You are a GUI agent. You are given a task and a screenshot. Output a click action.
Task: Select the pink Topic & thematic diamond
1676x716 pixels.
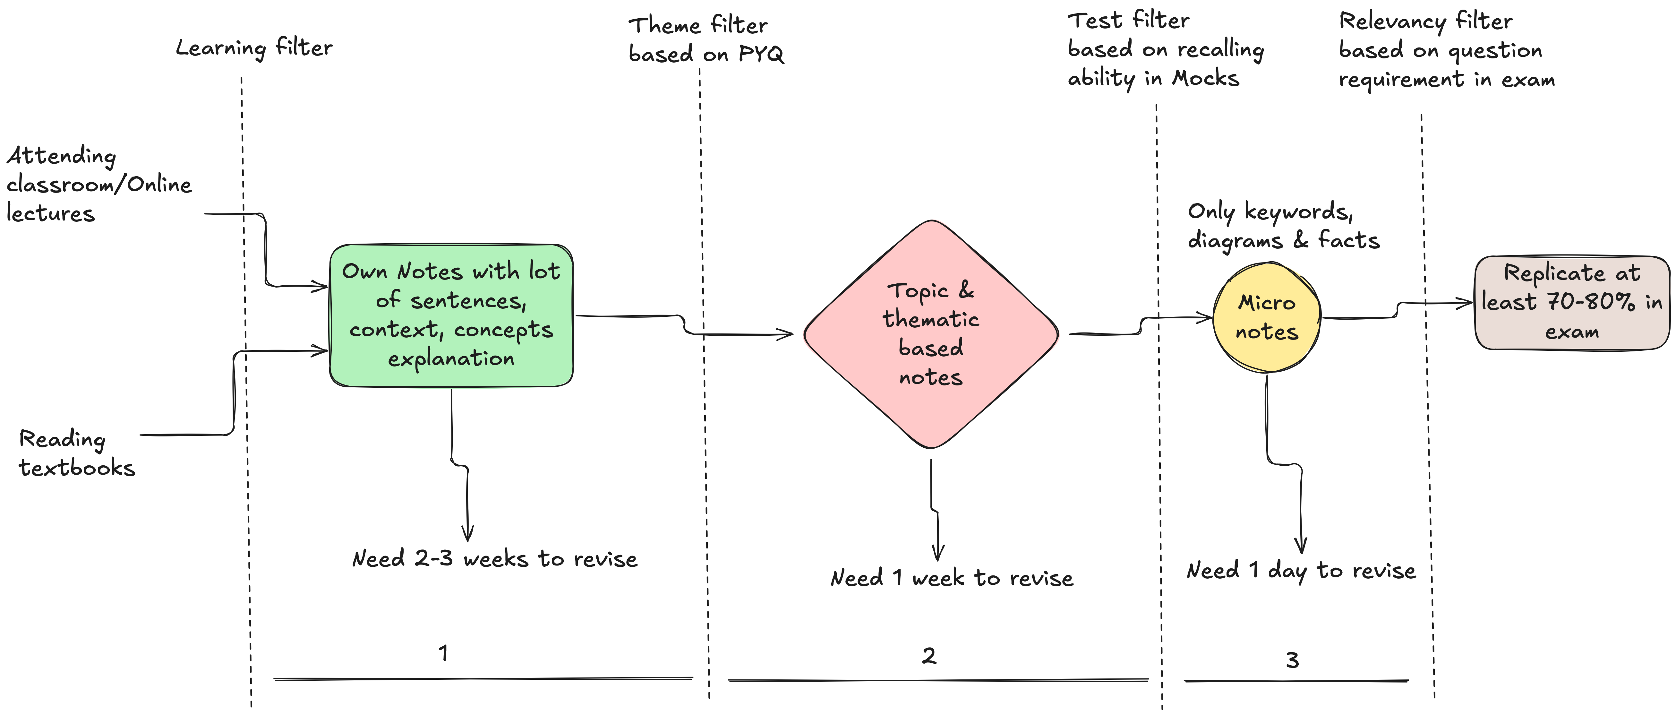tap(931, 334)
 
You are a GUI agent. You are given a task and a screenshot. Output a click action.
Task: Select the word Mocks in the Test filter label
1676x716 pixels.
tap(1206, 78)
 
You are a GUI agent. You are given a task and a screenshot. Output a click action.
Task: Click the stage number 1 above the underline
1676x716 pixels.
tap(443, 653)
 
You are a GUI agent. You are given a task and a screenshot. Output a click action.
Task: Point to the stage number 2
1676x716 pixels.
tap(929, 655)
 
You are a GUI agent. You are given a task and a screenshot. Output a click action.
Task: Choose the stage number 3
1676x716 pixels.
tap(1292, 660)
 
